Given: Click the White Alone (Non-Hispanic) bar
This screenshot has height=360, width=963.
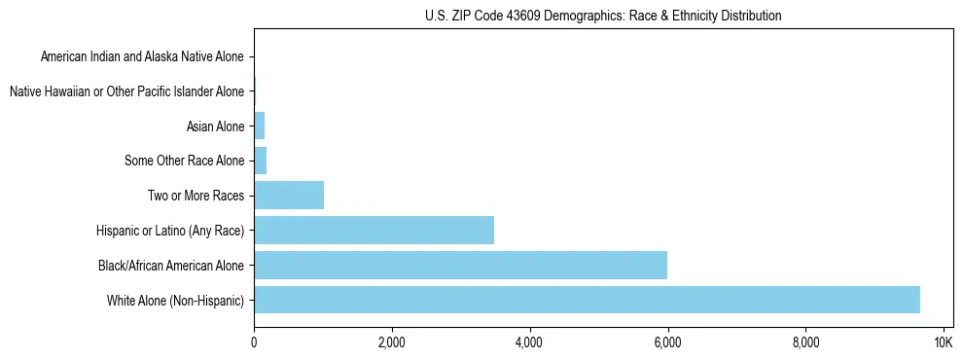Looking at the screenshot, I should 587,300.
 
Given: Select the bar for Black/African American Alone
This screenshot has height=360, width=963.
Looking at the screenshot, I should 460,265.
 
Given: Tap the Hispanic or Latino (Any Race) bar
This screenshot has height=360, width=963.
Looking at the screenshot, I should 374,230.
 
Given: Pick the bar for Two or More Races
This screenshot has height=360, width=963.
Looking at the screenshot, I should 289,195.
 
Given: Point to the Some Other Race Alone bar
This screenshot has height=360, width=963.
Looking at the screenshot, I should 260,161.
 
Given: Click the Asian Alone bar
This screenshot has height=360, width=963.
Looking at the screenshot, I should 259,126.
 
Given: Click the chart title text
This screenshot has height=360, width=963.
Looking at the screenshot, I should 603,16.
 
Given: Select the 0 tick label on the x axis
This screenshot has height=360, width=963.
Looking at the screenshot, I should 254,342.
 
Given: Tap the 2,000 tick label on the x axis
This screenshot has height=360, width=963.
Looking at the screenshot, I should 391,342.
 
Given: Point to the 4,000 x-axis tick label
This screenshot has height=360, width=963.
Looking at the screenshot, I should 529,342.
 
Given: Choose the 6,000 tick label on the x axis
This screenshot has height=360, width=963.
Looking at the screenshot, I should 667,342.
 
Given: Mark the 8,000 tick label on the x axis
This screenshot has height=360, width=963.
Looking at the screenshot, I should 805,342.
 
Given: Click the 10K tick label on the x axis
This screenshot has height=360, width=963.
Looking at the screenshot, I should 943,342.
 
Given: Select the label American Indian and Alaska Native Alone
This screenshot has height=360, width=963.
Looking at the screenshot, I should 142,56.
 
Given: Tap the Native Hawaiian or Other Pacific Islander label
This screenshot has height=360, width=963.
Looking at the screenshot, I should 126,91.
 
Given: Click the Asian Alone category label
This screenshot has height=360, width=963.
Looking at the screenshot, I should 215,126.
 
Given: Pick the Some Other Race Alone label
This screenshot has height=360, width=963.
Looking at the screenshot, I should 185,161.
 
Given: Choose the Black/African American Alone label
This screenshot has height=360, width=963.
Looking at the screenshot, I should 171,265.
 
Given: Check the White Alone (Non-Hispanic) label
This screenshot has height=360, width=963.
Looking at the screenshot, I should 176,300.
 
